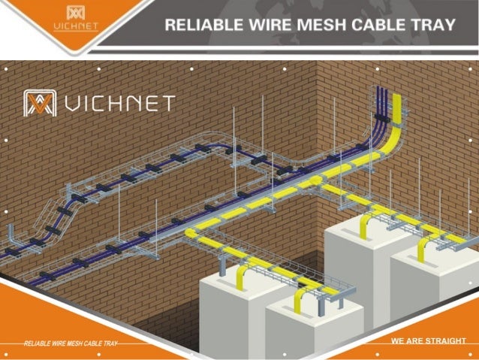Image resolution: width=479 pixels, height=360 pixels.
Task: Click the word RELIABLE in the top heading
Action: pyautogui.click(x=198, y=25)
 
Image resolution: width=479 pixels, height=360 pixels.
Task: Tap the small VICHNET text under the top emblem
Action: pyautogui.click(x=76, y=28)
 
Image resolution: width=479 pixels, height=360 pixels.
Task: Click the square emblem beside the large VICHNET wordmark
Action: pyautogui.click(x=40, y=103)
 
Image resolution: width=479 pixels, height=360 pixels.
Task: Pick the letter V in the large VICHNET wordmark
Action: pyautogui.click(x=74, y=103)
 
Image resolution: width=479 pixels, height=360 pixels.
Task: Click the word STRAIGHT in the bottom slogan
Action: pyautogui.click(x=445, y=341)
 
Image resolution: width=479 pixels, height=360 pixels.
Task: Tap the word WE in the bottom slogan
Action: pyautogui.click(x=399, y=341)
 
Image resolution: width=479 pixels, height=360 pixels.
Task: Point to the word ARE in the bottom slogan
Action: pyautogui.click(x=416, y=341)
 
